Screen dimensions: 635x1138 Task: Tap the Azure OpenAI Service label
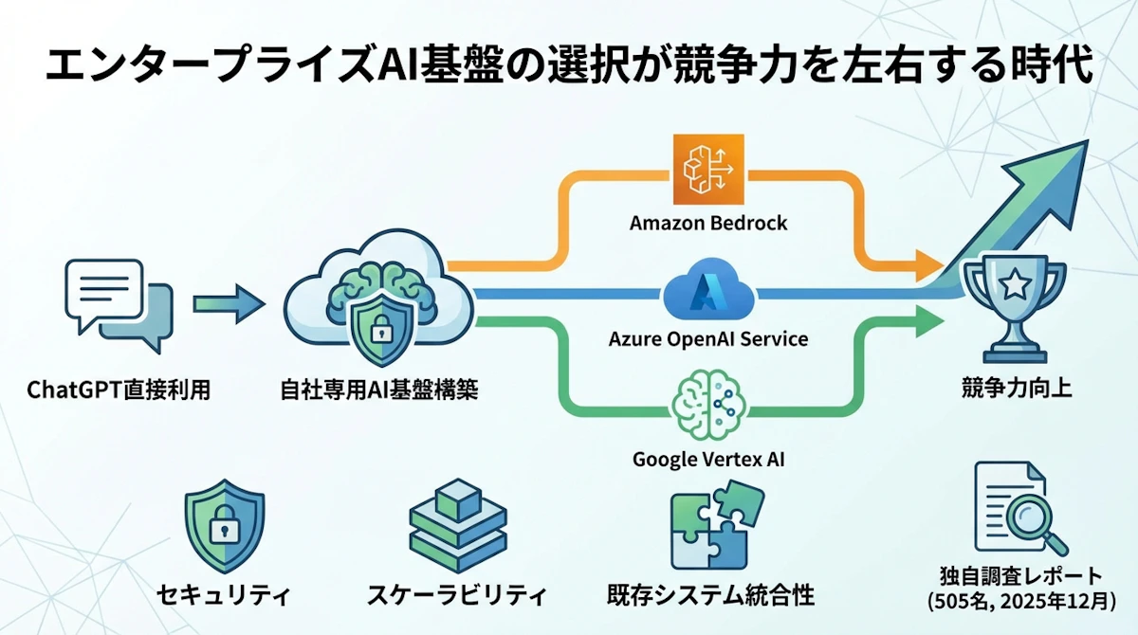708,338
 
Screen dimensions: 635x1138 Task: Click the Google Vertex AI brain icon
708,408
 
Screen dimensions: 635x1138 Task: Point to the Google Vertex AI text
708,462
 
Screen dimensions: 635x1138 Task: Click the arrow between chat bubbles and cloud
229,304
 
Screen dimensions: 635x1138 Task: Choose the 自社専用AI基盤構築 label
379,389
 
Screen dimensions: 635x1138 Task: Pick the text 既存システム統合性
710,596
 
